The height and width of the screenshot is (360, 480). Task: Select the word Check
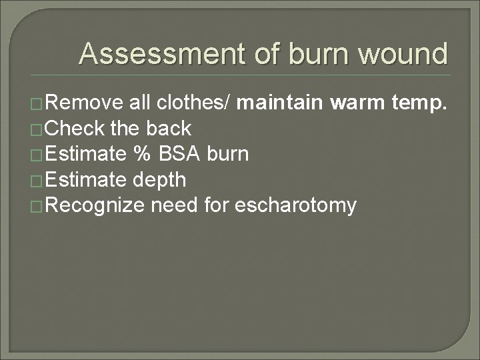point(78,128)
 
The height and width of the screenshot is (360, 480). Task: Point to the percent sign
point(141,154)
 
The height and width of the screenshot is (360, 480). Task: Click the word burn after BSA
point(228,154)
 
